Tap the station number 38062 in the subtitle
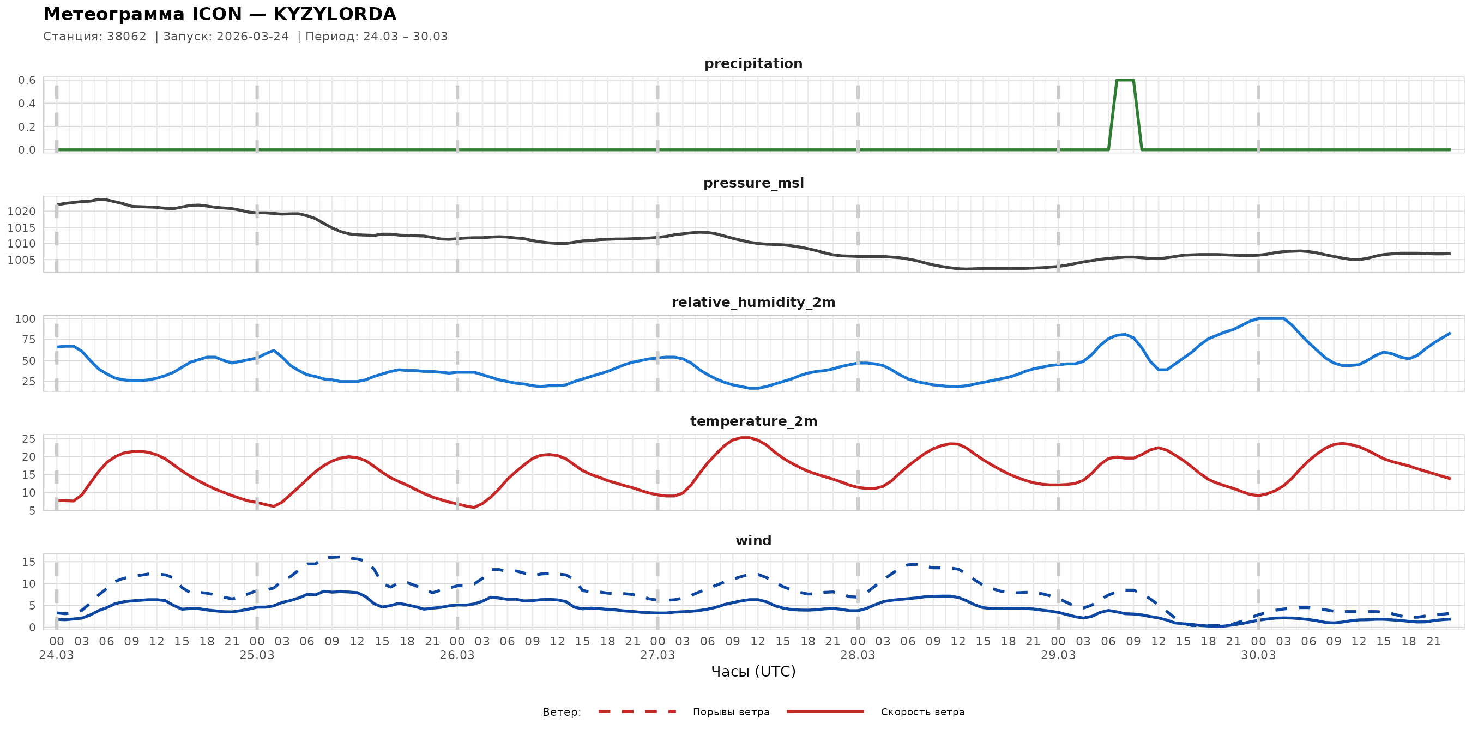click(x=126, y=37)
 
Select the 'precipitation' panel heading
click(x=753, y=63)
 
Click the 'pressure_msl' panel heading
click(x=753, y=183)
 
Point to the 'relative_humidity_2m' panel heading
click(x=753, y=302)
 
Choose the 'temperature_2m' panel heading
click(x=753, y=421)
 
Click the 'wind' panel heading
click(x=753, y=541)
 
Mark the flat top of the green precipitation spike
click(x=1125, y=80)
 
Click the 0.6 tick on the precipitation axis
click(x=27, y=80)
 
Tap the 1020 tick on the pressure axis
click(x=21, y=212)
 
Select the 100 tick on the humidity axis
click(x=25, y=319)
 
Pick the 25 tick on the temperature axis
click(x=28, y=439)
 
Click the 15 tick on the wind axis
click(x=28, y=562)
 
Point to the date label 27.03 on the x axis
click(x=657, y=655)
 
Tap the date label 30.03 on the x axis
click(x=1258, y=655)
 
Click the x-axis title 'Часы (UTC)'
click(x=753, y=672)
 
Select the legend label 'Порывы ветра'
click(x=731, y=712)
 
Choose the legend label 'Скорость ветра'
click(x=922, y=712)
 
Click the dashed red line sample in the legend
click(x=637, y=712)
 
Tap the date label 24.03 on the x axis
click(x=56, y=655)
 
